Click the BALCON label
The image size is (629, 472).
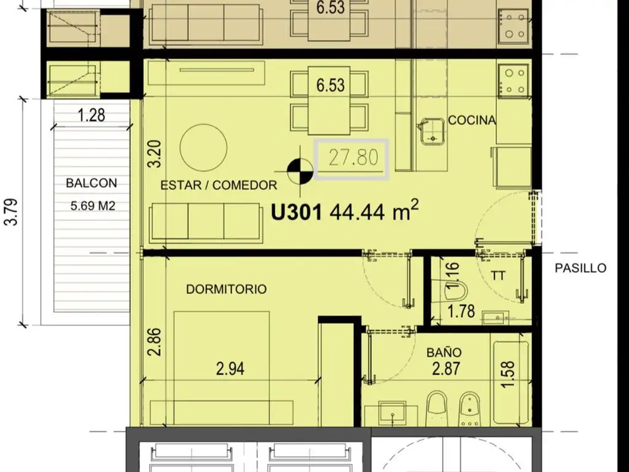tap(92, 183)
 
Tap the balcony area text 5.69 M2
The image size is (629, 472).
tap(93, 206)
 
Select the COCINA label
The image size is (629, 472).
tap(472, 120)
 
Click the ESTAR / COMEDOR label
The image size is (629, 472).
tap(219, 185)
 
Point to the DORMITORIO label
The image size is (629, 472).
tap(226, 289)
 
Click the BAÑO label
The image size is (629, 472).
tap(443, 352)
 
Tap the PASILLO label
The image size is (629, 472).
tap(580, 268)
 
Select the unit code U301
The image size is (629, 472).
tap(297, 212)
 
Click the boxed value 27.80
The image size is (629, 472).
tap(352, 159)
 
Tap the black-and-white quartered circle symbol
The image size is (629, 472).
tap(300, 172)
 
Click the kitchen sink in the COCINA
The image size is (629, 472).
tap(432, 132)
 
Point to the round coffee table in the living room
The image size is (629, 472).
tap(204, 147)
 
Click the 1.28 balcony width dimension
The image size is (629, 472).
tap(92, 115)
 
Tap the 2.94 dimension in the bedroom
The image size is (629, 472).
tap(230, 369)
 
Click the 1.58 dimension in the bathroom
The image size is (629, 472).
tap(507, 374)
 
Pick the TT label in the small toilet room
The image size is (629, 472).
tap(498, 275)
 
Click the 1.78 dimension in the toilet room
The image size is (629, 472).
tap(461, 311)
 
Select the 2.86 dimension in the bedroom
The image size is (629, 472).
tap(154, 342)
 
